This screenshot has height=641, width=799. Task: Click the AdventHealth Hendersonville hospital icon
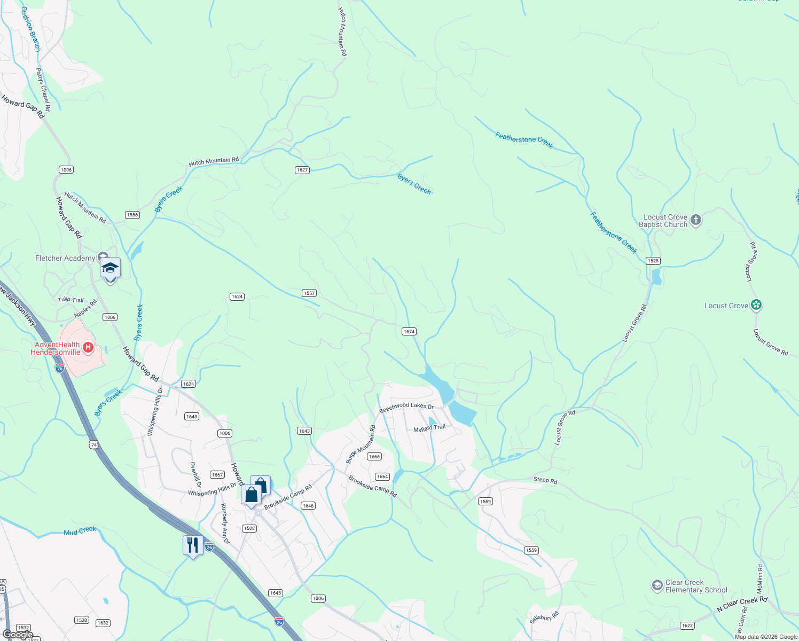click(x=89, y=348)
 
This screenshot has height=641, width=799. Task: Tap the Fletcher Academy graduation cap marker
click(x=110, y=268)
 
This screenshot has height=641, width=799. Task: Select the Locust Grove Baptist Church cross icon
click(x=695, y=220)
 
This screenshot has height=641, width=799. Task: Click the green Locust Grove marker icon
click(x=756, y=305)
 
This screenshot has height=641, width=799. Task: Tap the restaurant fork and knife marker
click(x=193, y=545)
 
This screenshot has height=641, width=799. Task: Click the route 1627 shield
click(x=302, y=170)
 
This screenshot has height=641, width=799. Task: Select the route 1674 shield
click(x=409, y=332)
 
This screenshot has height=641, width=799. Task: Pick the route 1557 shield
click(x=309, y=293)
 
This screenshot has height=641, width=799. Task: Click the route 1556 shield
click(x=132, y=215)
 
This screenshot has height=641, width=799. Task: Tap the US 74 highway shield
click(x=94, y=444)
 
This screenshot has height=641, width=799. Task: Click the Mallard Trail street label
click(x=429, y=428)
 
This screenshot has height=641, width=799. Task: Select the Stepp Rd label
click(x=545, y=480)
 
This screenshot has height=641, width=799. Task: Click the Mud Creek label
click(x=80, y=531)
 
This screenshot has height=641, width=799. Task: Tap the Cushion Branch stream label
click(x=31, y=29)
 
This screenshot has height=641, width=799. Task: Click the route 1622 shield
click(x=687, y=626)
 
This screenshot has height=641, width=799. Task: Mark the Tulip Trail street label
click(x=71, y=300)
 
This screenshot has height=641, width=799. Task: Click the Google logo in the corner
click(x=18, y=634)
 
